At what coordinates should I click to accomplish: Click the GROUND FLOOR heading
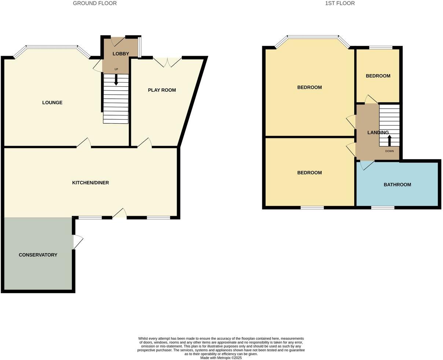(95, 3)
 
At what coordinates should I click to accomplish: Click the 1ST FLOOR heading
(340, 3)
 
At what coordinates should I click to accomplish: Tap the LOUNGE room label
(52, 103)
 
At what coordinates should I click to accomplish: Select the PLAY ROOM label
(162, 90)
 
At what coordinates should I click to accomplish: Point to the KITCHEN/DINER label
(90, 183)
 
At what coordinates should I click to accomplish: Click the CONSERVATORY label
(38, 255)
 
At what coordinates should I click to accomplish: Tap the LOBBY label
(121, 54)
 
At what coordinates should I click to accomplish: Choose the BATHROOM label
(397, 185)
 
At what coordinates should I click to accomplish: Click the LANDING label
(378, 133)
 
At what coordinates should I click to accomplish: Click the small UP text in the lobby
(116, 69)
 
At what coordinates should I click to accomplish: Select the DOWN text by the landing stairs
(389, 151)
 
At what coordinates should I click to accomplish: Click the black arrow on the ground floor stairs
(116, 80)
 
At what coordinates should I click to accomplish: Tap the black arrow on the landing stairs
(389, 141)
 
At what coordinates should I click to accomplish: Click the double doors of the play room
(168, 62)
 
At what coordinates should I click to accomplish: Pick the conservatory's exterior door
(78, 242)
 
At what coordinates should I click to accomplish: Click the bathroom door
(366, 165)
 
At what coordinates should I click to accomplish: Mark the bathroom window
(382, 208)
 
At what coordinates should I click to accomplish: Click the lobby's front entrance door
(118, 41)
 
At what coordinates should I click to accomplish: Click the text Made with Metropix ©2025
(221, 358)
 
